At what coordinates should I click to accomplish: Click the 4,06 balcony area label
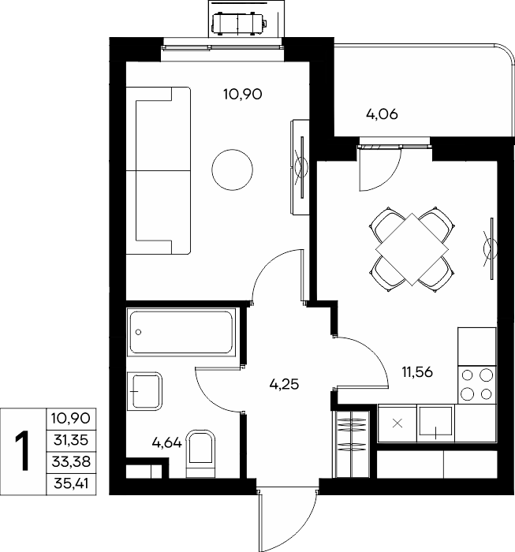[382, 114]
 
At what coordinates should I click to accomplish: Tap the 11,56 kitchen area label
[417, 371]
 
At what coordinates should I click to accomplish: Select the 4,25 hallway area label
[284, 384]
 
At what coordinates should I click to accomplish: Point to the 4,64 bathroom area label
[167, 443]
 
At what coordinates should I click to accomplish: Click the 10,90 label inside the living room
[243, 95]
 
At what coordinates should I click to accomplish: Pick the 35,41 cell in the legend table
[71, 483]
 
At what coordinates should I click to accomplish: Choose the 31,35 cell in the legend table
[71, 440]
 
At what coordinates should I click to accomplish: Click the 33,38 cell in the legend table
[71, 461]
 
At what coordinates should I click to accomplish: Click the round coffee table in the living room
[233, 170]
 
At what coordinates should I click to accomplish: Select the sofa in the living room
[159, 171]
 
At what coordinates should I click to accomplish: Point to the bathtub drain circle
[138, 332]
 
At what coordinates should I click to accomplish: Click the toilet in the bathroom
[200, 454]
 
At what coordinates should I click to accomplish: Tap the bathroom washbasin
[144, 391]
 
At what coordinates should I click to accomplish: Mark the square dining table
[412, 250]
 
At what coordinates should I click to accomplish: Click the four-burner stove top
[477, 385]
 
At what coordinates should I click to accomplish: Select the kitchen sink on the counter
[436, 423]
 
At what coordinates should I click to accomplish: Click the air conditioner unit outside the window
[239, 24]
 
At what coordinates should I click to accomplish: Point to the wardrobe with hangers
[351, 444]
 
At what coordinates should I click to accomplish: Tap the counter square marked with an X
[397, 423]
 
